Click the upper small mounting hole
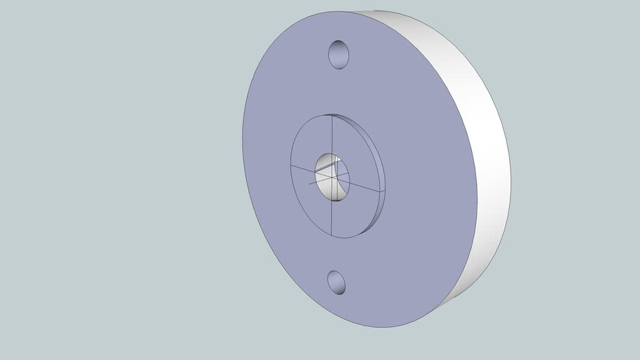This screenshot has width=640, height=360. pyautogui.click(x=339, y=54)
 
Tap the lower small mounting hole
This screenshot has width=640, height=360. pyautogui.click(x=336, y=282)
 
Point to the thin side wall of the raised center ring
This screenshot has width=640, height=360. pyautogui.click(x=380, y=176)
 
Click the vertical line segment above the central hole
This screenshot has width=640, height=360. pyautogui.click(x=332, y=134)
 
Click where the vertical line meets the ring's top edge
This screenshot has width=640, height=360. pyautogui.click(x=332, y=115)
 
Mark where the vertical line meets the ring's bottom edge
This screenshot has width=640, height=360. pyautogui.click(x=332, y=236)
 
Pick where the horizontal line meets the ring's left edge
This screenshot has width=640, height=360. pyautogui.click(x=291, y=167)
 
